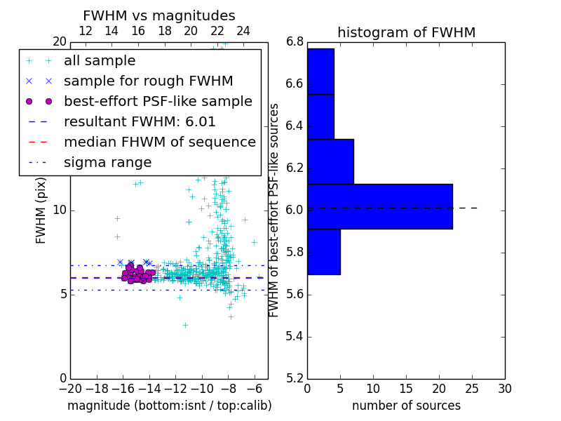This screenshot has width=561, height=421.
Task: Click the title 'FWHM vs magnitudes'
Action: pos(159,15)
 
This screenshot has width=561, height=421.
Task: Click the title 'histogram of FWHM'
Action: pos(406,32)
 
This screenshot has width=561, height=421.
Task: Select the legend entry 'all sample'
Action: pos(100,61)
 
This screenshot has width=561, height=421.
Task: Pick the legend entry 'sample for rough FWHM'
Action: pos(148,81)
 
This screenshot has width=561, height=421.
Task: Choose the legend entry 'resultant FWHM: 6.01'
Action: pos(140,122)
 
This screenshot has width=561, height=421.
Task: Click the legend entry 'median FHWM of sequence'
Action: pos(159,142)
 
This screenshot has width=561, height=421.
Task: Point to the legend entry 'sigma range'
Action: pos(107,163)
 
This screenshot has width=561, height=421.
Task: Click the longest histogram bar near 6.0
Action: pos(379,206)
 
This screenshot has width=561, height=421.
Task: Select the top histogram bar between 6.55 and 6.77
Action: pos(320,71)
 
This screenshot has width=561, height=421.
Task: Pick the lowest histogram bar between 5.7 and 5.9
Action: pos(323,251)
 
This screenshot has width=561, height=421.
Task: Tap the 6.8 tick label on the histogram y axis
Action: pos(295,42)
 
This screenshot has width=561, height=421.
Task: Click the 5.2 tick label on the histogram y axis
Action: pos(295,378)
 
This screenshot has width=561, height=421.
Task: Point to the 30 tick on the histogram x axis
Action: pos(504,388)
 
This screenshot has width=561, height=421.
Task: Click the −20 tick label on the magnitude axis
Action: pos(70,388)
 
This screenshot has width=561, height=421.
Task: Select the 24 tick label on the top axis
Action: pos(243,31)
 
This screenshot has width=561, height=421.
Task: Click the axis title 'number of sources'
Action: pos(406,406)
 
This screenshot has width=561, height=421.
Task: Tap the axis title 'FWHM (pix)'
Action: pos(41,210)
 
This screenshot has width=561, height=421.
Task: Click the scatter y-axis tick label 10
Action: pos(59,210)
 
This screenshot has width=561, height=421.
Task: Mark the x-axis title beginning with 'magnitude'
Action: pos(169,406)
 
